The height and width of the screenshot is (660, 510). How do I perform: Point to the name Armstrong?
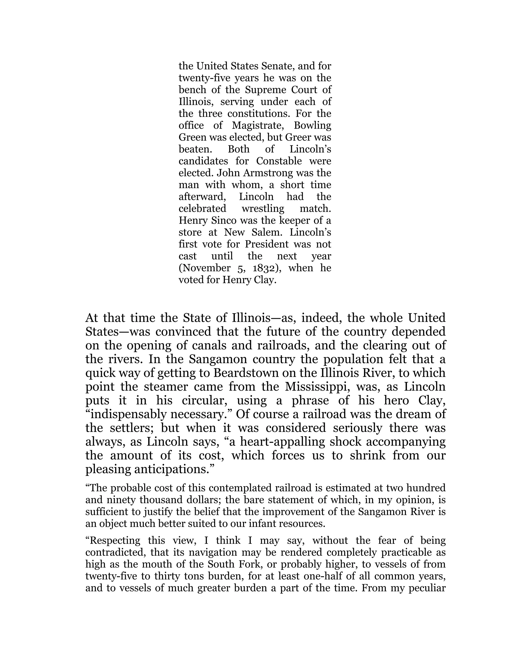[269, 173]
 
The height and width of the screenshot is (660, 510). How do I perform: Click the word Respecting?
[113, 541]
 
